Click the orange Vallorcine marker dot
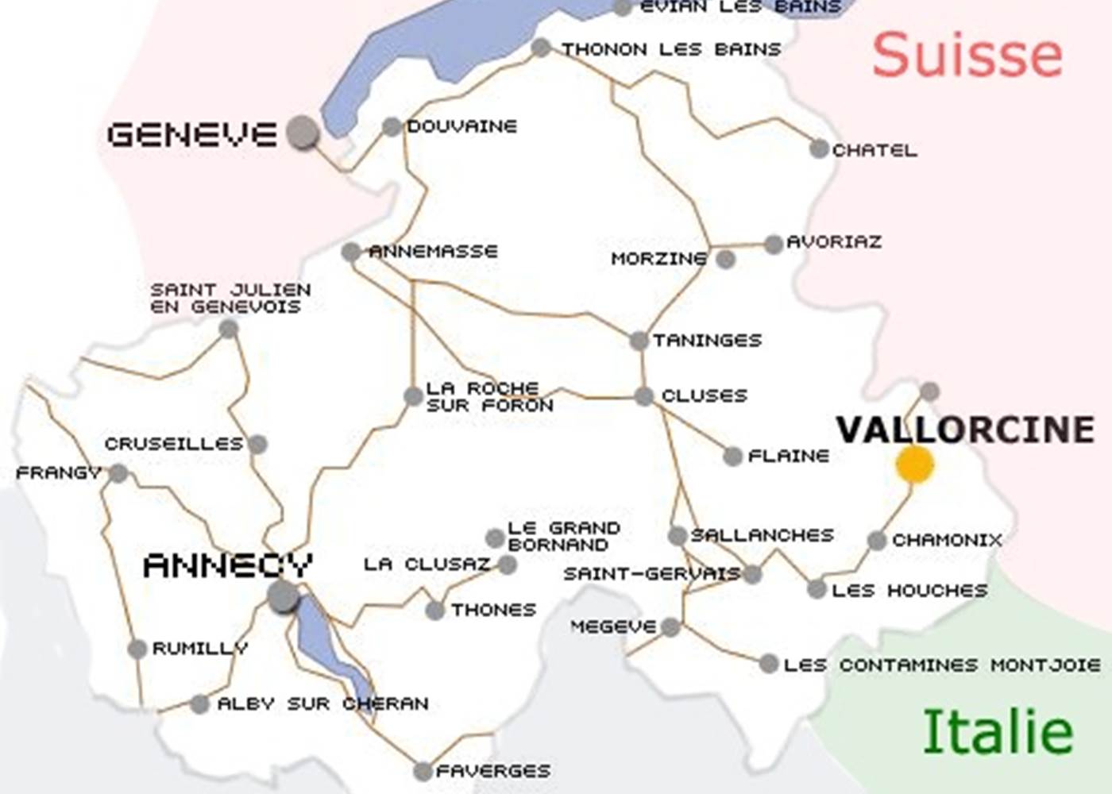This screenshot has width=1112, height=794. pos(914,464)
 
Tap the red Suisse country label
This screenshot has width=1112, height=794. pos(967,55)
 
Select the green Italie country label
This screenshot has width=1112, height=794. pos(998,732)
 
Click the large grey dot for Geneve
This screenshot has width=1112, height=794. pos(303,132)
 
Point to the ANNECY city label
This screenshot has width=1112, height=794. pos(227,566)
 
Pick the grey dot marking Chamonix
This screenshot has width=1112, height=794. pos(876,541)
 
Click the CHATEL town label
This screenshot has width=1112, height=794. pos(875,150)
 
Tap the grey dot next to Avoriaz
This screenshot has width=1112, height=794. pos(774,245)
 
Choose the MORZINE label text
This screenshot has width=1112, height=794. pos(658,259)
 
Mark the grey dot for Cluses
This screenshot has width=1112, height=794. pos(643,396)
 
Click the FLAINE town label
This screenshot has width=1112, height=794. pos(788,456)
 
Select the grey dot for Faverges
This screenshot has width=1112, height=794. pos(423,771)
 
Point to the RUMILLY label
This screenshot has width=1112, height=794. pos(199,649)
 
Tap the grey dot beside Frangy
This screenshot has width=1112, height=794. pos(118,474)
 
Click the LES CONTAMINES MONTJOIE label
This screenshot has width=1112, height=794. pos(942,665)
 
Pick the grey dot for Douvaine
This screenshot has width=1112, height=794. pos(392,126)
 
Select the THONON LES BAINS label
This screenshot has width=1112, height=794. pos(671,49)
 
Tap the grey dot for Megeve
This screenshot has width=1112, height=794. pos(670,627)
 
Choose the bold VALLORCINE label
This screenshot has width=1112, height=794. pos(965,430)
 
